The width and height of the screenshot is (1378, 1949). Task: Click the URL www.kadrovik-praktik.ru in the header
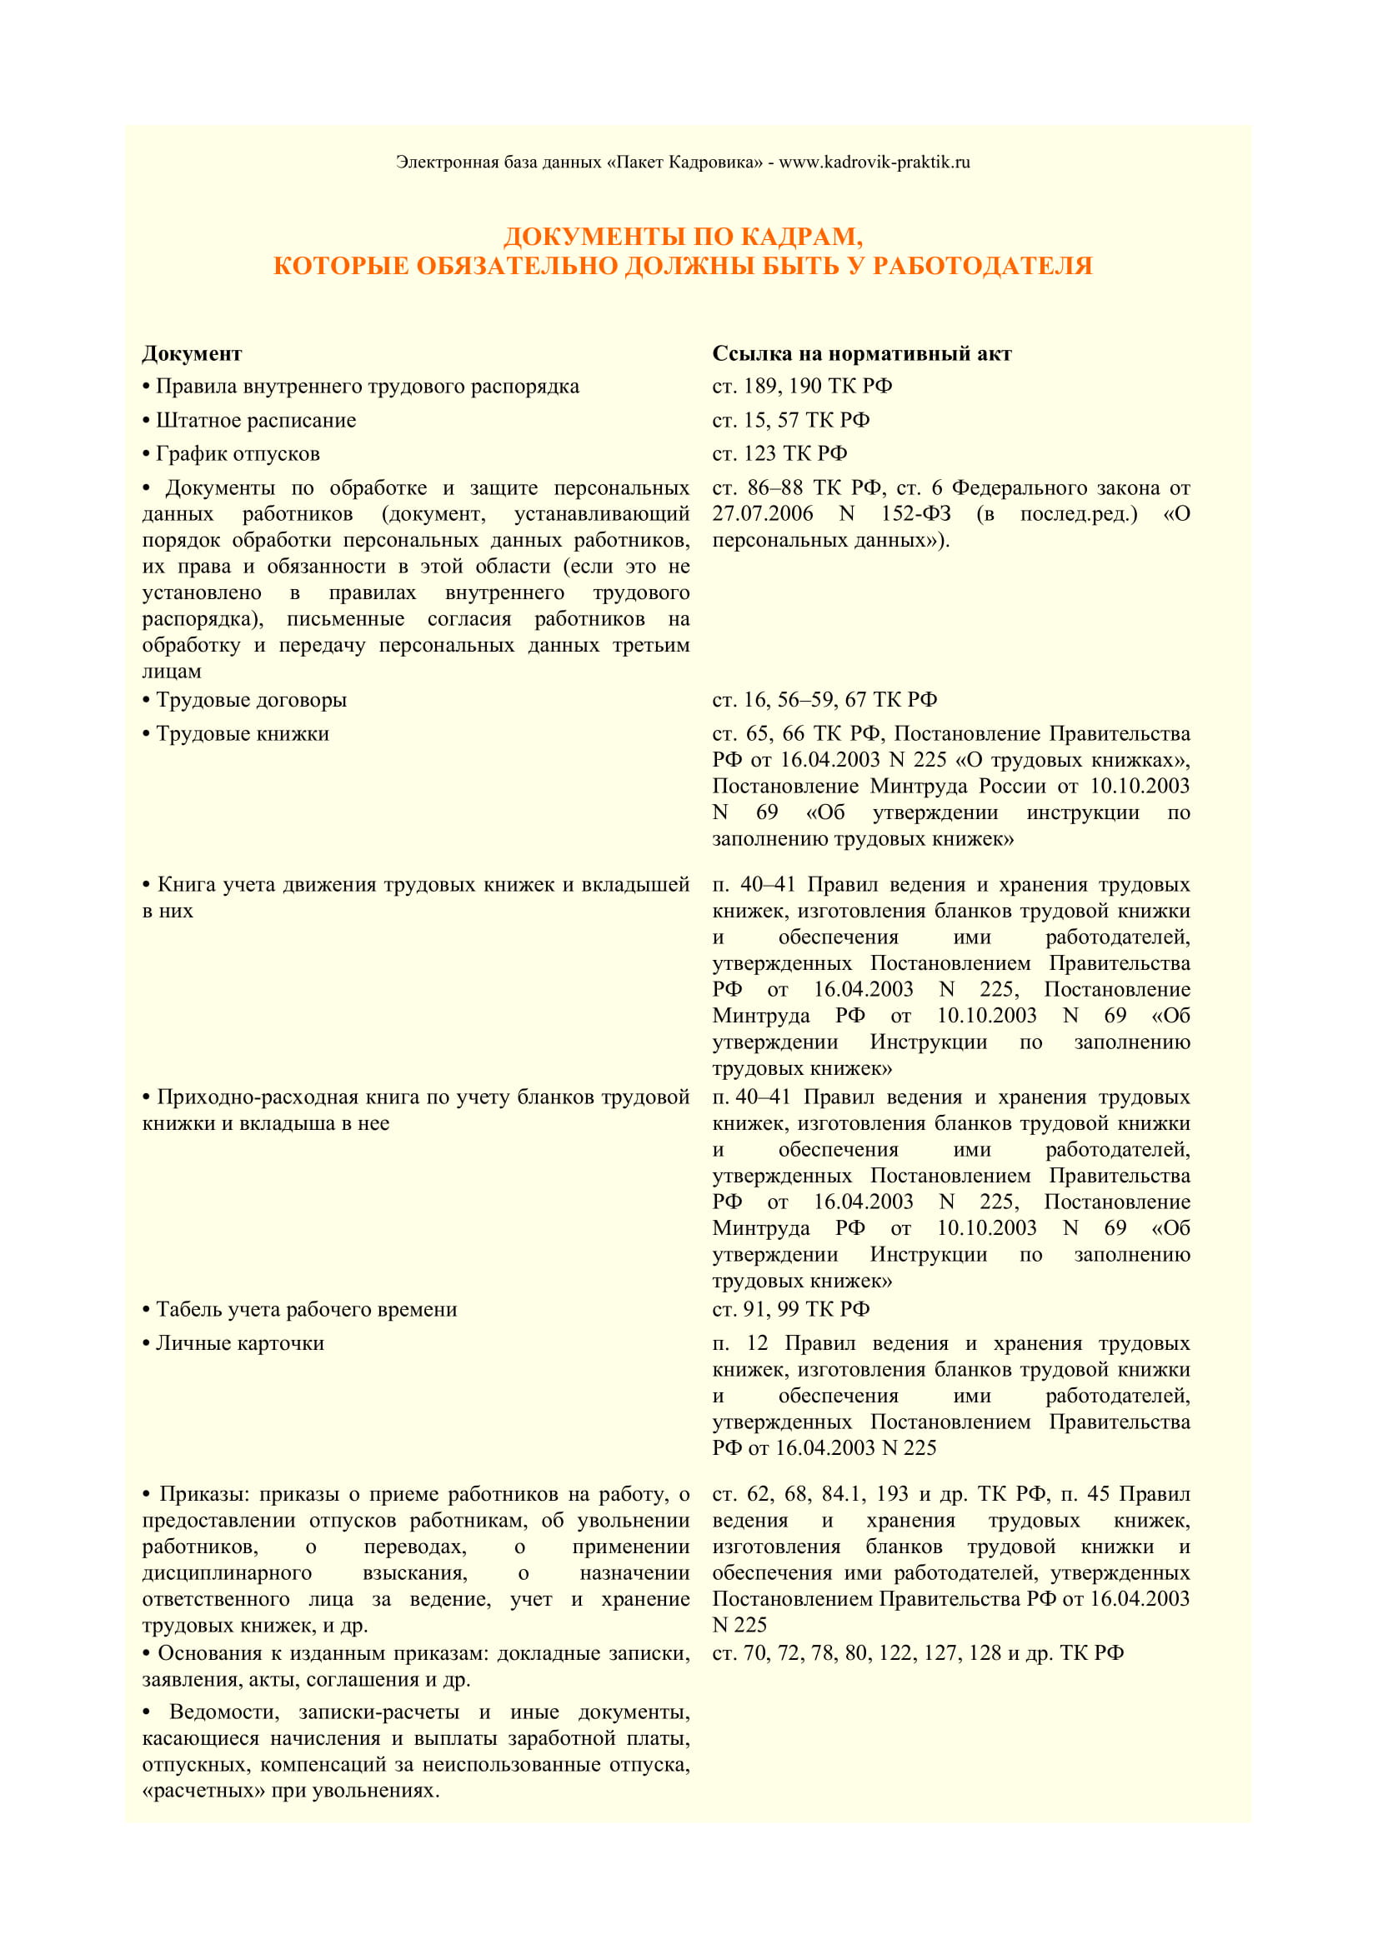point(874,162)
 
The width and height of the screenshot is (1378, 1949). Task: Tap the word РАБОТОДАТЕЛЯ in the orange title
point(982,267)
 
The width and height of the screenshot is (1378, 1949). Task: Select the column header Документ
point(192,354)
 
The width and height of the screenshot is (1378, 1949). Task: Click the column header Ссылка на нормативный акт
point(862,354)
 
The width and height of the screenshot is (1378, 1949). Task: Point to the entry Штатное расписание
point(256,421)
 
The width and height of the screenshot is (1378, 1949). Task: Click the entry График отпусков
point(238,454)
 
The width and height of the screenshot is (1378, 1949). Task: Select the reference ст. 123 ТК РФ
point(779,454)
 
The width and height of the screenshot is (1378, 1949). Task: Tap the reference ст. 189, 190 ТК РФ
point(801,387)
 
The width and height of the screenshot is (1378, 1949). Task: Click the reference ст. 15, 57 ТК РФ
point(790,421)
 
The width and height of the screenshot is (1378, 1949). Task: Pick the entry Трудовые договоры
point(251,700)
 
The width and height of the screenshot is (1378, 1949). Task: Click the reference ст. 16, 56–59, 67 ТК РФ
point(824,700)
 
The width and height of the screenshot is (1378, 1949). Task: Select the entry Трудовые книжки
point(242,734)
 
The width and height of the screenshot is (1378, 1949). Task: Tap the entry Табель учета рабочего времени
point(307,1310)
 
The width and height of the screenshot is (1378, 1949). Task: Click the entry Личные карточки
point(239,1344)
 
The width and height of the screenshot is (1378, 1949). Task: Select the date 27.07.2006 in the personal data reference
point(762,514)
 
